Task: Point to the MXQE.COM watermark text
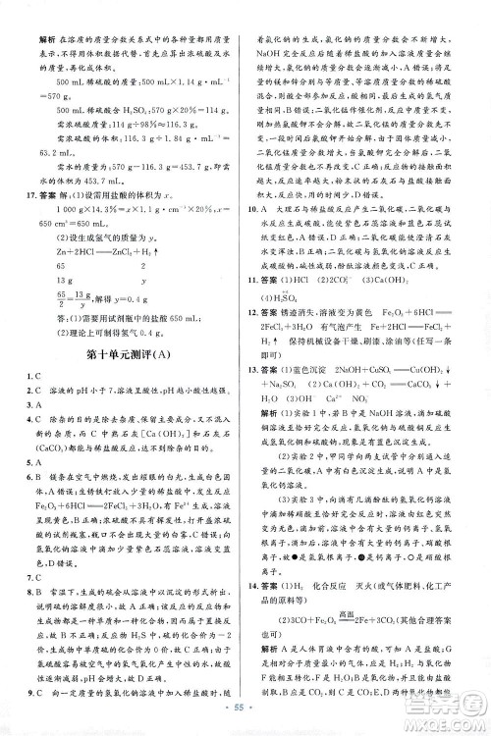coord(448,721)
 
